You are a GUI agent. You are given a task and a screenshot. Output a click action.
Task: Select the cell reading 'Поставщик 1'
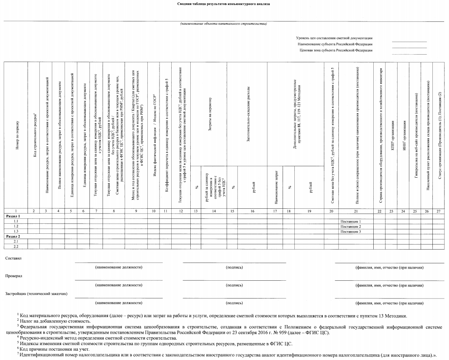coord(351,222)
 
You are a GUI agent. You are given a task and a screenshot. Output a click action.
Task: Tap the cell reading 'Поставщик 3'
coord(351,231)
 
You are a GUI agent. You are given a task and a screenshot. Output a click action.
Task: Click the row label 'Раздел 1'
coord(13,217)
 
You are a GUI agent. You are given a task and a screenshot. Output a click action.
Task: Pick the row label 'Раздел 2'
coord(13,236)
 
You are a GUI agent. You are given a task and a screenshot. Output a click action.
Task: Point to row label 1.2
coord(16,227)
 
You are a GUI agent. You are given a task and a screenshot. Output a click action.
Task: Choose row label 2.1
coord(16,241)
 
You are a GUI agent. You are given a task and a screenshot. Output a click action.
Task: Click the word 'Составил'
coord(12,258)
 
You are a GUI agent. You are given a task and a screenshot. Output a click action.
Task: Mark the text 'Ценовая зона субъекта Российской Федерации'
coord(336,50)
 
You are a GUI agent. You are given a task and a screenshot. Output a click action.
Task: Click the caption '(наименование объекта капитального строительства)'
coord(223,24)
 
